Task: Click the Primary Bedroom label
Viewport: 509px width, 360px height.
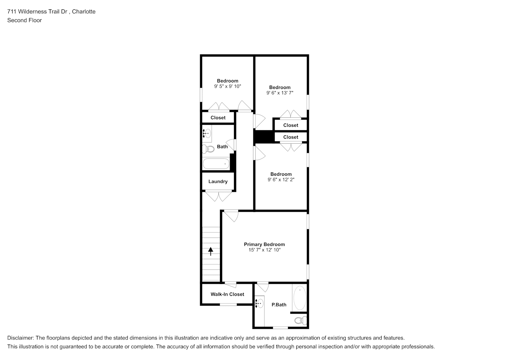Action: (x=264, y=244)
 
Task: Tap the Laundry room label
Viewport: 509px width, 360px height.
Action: (x=218, y=181)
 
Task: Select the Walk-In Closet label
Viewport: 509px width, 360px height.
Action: (x=227, y=294)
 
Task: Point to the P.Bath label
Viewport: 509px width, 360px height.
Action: (x=279, y=305)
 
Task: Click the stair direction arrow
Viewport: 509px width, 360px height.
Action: (x=211, y=251)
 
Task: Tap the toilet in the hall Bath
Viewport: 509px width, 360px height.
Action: (x=208, y=149)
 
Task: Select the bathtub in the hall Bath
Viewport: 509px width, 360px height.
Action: (x=216, y=164)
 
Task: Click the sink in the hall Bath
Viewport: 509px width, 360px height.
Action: (x=207, y=134)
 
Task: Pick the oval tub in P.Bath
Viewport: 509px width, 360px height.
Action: (x=300, y=298)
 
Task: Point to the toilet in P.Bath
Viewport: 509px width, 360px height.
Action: (x=301, y=321)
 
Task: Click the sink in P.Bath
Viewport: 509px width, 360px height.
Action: (x=260, y=303)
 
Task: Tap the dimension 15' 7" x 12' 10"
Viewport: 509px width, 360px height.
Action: (x=265, y=250)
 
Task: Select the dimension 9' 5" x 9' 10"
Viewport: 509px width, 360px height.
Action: (x=228, y=86)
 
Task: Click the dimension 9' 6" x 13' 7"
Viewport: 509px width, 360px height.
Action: (x=280, y=93)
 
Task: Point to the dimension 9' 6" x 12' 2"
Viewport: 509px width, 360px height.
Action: (x=281, y=180)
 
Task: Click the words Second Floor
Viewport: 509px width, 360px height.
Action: (x=24, y=20)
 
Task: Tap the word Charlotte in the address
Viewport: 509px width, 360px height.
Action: (x=84, y=12)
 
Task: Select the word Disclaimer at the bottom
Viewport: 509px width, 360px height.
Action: (x=21, y=338)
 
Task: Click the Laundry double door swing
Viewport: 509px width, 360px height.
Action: (x=219, y=197)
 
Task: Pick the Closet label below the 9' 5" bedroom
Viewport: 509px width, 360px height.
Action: (x=218, y=118)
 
